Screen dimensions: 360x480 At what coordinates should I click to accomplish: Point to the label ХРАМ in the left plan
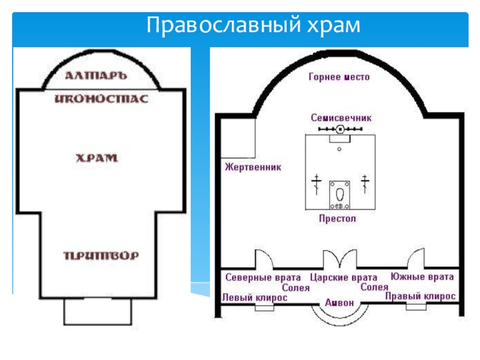96,158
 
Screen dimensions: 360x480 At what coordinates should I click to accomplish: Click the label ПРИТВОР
101,255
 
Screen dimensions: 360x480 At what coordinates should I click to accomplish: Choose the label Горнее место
339,77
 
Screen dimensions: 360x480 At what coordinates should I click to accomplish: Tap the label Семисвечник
341,118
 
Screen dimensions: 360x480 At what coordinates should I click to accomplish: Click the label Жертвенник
253,167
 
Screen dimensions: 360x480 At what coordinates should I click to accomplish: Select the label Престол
337,219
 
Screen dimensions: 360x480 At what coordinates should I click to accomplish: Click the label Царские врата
344,278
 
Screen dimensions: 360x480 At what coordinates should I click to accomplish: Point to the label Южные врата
422,277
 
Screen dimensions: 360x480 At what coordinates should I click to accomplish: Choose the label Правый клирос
420,296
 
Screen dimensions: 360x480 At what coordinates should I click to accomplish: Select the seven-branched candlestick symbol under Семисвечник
340,129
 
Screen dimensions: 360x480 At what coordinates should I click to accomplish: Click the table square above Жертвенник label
239,138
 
